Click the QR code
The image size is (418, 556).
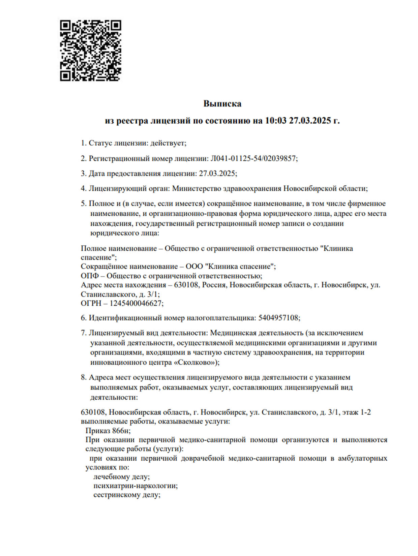pyautogui.click(x=90, y=51)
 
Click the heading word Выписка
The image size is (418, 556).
pyautogui.click(x=222, y=103)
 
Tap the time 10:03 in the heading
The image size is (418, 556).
pyautogui.click(x=275, y=121)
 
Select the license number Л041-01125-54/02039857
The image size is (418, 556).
pyautogui.click(x=253, y=158)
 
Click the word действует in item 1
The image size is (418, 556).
pyautogui.click(x=168, y=143)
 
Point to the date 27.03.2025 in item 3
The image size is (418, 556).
pyautogui.click(x=217, y=174)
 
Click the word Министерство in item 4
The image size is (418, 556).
pyautogui.click(x=197, y=188)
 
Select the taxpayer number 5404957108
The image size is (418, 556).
pyautogui.click(x=278, y=318)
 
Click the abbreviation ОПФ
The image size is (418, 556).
pyautogui.click(x=90, y=276)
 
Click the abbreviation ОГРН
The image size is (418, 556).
pyautogui.click(x=91, y=303)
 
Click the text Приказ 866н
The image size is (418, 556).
pyautogui.click(x=108, y=431)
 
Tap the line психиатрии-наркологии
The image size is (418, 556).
pyautogui.click(x=135, y=486)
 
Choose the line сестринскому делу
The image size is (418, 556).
pyautogui.click(x=126, y=495)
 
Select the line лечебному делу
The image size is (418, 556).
pyautogui.click(x=121, y=477)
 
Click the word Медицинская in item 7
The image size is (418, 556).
pyautogui.click(x=233, y=333)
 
